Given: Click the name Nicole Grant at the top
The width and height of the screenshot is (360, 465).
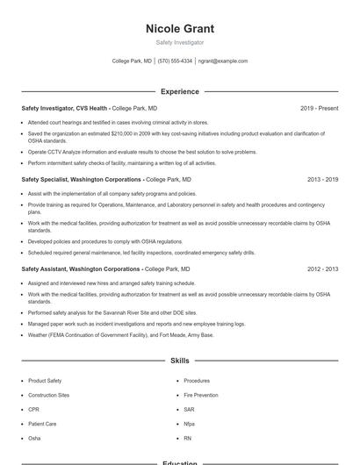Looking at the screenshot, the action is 179,29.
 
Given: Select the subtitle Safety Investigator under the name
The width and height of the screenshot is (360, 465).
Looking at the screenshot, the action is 179,42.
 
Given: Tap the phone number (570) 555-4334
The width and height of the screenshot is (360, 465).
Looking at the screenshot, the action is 175,61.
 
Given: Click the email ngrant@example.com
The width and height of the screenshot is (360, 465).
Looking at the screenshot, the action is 223,61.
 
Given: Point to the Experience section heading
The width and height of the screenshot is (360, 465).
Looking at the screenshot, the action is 179,91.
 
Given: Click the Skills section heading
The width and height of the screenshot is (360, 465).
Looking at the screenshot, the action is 179,361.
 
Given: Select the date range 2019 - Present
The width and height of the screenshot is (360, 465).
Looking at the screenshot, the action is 319,108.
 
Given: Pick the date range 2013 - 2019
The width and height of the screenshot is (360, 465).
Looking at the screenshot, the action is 322,179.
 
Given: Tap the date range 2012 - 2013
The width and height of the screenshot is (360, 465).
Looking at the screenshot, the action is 322,269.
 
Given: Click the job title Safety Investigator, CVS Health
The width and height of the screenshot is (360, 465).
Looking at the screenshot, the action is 64,108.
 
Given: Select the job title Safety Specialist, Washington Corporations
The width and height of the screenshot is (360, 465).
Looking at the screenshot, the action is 81,179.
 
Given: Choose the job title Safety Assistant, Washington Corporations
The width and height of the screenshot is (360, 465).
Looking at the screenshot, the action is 80,269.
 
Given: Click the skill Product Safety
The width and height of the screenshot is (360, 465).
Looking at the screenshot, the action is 45,381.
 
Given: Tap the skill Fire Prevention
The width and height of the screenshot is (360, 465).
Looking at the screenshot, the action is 200,395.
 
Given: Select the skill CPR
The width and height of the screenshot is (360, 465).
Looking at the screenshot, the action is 33,409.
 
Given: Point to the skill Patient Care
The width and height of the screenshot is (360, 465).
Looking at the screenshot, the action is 42,423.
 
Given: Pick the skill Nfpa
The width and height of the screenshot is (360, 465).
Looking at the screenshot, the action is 189,423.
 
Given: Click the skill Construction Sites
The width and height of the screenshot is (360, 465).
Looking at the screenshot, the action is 48,395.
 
